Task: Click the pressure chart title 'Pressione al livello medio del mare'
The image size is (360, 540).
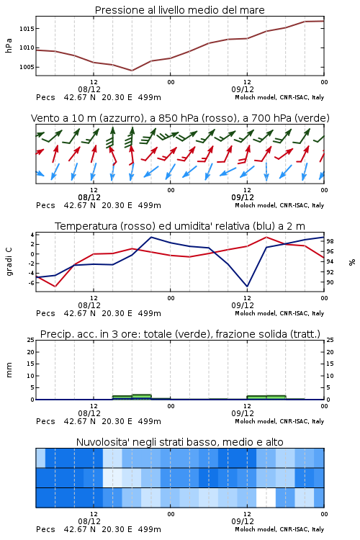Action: [179, 10]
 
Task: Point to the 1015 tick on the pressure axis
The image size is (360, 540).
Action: [27, 29]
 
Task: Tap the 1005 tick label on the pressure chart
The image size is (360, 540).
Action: [27, 67]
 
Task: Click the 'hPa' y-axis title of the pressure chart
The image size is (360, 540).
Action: [9, 45]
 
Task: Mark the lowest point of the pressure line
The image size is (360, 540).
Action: [132, 71]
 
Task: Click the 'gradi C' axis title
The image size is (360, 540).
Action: [9, 262]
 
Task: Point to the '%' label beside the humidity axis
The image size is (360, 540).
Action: [352, 262]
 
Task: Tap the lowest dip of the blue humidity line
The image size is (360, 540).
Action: [247, 286]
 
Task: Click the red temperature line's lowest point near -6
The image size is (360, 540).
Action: [55, 286]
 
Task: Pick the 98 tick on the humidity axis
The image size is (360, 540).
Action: [330, 241]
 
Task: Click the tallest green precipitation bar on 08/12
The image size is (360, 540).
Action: [142, 397]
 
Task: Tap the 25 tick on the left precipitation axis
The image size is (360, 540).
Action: [31, 340]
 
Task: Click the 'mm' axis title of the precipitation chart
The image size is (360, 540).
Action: [9, 370]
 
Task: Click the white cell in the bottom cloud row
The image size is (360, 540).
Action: [266, 498]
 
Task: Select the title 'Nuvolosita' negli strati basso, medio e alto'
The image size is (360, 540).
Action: [179, 442]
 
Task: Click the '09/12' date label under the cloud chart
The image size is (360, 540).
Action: [243, 521]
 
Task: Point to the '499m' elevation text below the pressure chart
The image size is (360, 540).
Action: [150, 97]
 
